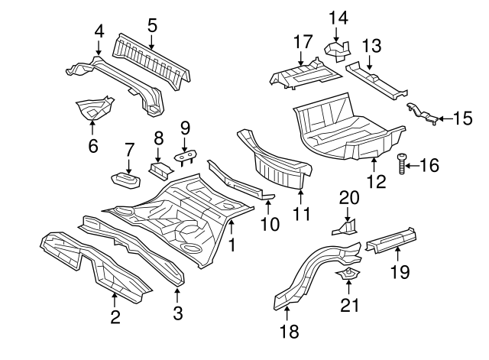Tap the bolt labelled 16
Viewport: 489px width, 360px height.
pos(403,163)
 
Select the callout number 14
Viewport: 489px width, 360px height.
pos(338,17)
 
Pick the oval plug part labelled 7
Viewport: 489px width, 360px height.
pos(125,180)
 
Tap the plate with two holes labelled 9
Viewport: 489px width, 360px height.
pos(185,157)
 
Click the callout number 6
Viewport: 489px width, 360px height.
pos(93,144)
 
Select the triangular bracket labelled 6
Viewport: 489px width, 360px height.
pos(96,108)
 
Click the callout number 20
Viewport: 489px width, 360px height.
pos(348,197)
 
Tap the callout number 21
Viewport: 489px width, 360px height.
pos(348,306)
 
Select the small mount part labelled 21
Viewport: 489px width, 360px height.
pos(349,277)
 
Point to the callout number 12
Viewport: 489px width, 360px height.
pos(376,181)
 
